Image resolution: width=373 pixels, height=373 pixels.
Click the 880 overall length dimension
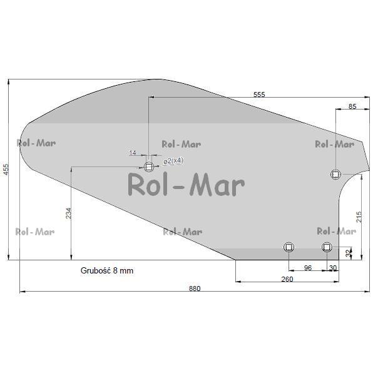(x=195, y=289)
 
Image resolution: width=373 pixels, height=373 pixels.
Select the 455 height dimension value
(x=5, y=169)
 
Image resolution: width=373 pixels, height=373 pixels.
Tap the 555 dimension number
(x=259, y=95)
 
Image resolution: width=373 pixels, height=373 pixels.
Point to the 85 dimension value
(x=352, y=106)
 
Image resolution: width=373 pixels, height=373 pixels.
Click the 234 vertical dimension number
(x=68, y=213)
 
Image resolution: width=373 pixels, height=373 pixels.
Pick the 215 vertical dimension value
(x=359, y=217)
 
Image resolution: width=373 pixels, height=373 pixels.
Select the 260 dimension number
(x=287, y=279)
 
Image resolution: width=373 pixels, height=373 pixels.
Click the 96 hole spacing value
(x=308, y=268)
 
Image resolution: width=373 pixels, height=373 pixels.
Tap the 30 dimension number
(x=333, y=268)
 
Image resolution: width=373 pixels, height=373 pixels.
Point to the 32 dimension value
(x=349, y=253)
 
